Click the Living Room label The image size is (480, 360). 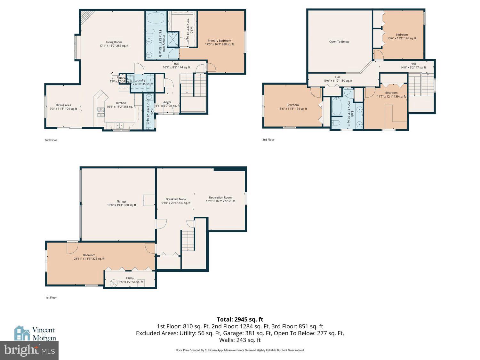[x=114, y=42]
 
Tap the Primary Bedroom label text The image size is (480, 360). [x=219, y=41]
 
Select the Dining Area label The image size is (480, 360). [x=63, y=105]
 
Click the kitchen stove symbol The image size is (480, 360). [x=101, y=111]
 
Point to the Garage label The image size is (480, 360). [x=121, y=202]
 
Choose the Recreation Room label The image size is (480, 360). [x=220, y=197]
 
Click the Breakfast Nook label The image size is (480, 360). [x=176, y=199]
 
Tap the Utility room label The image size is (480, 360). [x=130, y=278]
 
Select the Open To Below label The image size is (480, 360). [x=339, y=42]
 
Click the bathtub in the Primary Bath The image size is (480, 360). [x=156, y=18]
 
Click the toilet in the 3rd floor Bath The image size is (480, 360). [x=336, y=123]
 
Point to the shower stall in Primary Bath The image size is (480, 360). [x=173, y=39]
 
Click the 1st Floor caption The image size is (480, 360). [x=51, y=298]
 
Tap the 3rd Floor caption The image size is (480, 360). [x=268, y=140]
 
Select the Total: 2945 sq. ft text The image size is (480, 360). [x=240, y=319]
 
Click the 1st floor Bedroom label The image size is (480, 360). [x=89, y=255]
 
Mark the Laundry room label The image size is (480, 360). [x=140, y=80]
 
